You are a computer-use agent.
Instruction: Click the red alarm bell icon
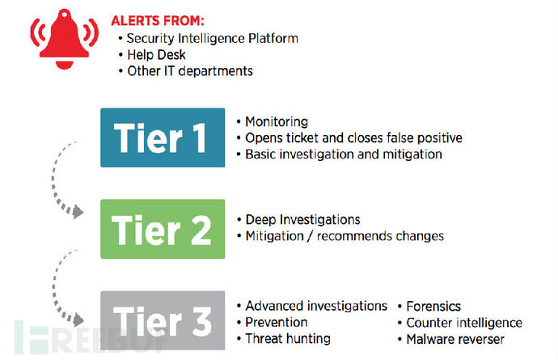coord(65,39)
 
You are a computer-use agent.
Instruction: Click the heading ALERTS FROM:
coord(158,21)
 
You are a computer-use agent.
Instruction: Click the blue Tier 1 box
coord(163,138)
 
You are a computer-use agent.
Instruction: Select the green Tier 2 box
coord(163,229)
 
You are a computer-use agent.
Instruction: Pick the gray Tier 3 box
coord(163,320)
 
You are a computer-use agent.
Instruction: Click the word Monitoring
coord(277,122)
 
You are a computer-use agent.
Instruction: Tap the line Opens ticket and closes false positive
coord(353,138)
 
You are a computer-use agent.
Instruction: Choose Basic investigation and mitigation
coord(344,155)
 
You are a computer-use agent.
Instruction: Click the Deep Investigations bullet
coord(302,220)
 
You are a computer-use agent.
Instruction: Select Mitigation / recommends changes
coord(345,236)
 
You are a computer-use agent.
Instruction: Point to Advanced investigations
coord(316,306)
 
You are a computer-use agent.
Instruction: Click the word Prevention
coord(277,322)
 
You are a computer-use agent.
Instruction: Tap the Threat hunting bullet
coord(288,339)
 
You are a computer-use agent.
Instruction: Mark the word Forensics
coord(433,307)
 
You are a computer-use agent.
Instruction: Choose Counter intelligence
coord(464,323)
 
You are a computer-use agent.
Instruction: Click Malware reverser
coord(455,339)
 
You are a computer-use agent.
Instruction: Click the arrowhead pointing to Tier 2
coord(78,212)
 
